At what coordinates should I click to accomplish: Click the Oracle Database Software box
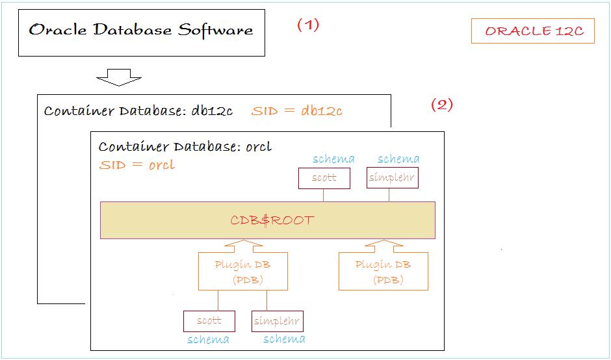pos(142,32)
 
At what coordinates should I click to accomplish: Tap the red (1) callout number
pos(308,25)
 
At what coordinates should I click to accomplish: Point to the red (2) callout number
pos(442,105)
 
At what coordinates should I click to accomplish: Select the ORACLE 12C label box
pos(533,31)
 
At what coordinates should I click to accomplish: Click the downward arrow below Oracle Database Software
pos(119,77)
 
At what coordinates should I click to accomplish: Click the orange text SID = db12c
pos(297,111)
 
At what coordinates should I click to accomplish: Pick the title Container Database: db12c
pos(138,111)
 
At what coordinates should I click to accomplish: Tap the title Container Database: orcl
pos(185,147)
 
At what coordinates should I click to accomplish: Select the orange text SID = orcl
pos(136,165)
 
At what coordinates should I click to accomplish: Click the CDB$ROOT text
pos(272,220)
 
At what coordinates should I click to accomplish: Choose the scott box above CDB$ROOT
pos(324,178)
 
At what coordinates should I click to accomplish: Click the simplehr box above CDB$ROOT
pos(393,178)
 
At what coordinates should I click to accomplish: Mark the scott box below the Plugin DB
pos(209,321)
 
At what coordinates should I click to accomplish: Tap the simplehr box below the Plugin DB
pos(278,321)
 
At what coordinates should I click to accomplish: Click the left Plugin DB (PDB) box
pos(243,271)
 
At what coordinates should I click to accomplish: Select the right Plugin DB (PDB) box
pos(383,271)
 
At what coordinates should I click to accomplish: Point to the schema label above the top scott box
pos(334,159)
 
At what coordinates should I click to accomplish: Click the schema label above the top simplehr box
pos(398,159)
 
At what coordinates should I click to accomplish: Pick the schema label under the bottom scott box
pos(209,339)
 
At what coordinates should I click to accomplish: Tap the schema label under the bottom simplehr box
pos(284,339)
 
